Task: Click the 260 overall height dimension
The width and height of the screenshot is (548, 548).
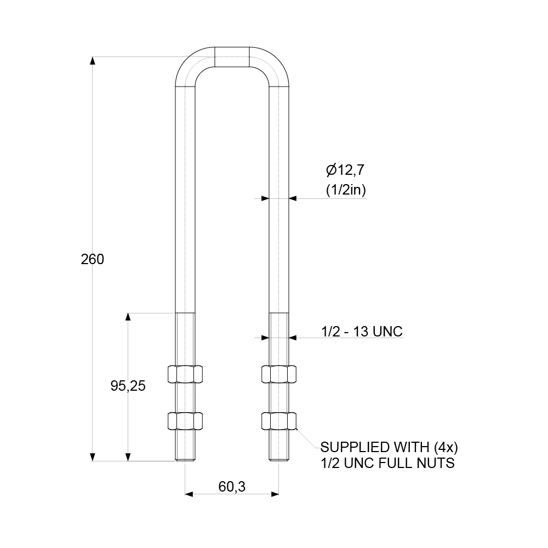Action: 92,259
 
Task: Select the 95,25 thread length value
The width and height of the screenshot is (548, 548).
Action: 128,386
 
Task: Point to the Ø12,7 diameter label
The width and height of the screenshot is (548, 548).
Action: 345,170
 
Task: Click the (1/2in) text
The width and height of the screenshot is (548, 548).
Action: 345,190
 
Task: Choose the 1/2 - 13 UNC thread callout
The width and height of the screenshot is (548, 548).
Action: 362,331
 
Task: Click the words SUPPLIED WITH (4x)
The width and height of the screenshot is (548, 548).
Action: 389,446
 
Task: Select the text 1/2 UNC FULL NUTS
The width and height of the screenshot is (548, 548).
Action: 387,464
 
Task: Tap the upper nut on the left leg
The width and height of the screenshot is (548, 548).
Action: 185,374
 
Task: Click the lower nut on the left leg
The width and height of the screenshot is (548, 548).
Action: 185,421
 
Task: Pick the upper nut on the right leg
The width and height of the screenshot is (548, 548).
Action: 279,374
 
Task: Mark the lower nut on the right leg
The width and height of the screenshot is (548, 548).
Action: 279,421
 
